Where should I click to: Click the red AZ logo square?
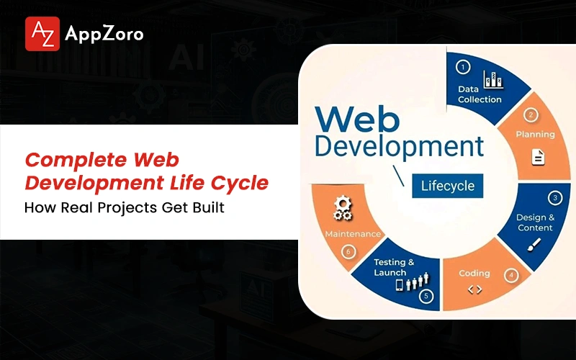tap(42, 34)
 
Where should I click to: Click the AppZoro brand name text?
tap(104, 35)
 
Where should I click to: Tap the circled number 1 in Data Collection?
tap(463, 67)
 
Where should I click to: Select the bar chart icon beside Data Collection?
tap(493, 79)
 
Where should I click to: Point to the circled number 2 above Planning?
tap(531, 115)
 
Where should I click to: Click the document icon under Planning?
tap(538, 157)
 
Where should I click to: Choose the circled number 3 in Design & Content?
tap(555, 197)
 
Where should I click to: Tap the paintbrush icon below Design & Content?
tap(534, 245)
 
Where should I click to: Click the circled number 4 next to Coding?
tap(511, 275)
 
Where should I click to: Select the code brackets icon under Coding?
tap(474, 290)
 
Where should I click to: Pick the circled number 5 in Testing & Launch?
tap(426, 296)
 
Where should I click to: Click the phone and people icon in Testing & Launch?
tap(412, 282)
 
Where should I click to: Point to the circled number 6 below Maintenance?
tap(348, 251)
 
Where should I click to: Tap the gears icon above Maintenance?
tap(343, 209)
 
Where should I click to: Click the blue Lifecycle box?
tap(447, 186)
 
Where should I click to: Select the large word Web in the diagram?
tap(357, 119)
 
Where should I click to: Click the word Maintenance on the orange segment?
tap(353, 234)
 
